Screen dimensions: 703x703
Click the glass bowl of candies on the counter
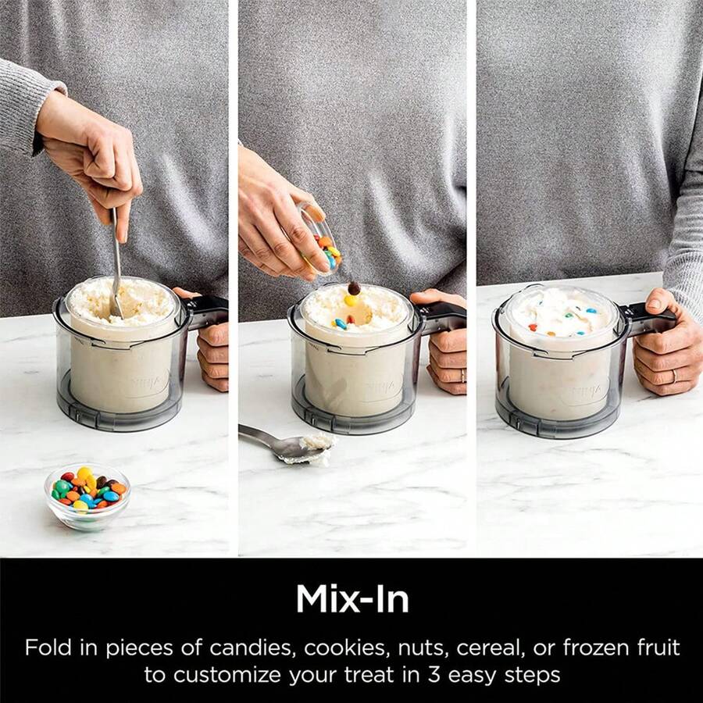click(x=87, y=495)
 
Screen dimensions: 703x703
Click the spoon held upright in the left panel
click(x=116, y=258)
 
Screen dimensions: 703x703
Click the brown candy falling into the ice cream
click(x=354, y=287)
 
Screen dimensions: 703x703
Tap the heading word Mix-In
click(x=352, y=599)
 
